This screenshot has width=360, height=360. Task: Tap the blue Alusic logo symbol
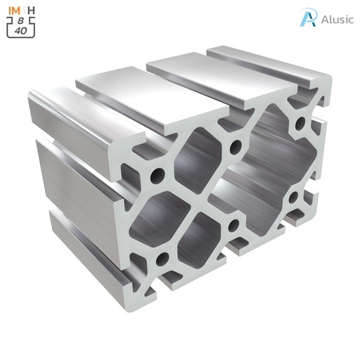click(x=307, y=18)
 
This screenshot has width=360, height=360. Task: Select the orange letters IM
click(x=13, y=10)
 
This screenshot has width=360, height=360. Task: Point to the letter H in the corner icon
click(x=32, y=10)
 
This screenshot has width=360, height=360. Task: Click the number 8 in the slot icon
click(x=21, y=20)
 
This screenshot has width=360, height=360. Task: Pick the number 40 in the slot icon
click(x=21, y=30)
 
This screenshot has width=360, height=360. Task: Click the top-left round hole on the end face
click(x=158, y=173)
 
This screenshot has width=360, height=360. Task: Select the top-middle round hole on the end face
click(x=234, y=146)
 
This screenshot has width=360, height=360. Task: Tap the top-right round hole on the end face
click(x=300, y=125)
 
